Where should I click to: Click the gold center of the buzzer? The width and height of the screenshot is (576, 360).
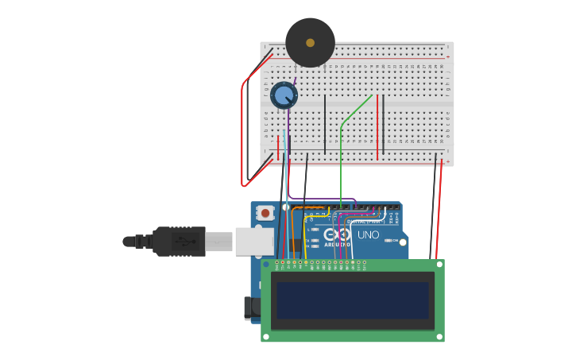pos(310,43)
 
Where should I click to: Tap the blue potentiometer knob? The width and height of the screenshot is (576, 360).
pos(284,95)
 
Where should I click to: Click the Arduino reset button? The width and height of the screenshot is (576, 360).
pos(265,213)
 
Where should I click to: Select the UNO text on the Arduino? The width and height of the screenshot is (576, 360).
pos(368,235)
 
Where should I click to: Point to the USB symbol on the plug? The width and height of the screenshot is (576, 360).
pos(185,241)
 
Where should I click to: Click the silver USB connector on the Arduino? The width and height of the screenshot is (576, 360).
pos(253,241)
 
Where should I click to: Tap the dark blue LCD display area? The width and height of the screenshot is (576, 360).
pos(353,300)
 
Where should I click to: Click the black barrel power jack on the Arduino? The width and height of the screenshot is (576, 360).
pos(250,308)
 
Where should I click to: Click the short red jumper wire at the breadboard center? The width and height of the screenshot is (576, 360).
pos(377,127)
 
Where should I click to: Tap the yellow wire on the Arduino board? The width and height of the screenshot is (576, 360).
pos(306,238)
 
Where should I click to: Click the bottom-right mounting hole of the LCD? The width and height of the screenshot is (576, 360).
pos(439,336)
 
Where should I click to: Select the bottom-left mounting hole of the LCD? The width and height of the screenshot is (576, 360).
pos(266,336)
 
